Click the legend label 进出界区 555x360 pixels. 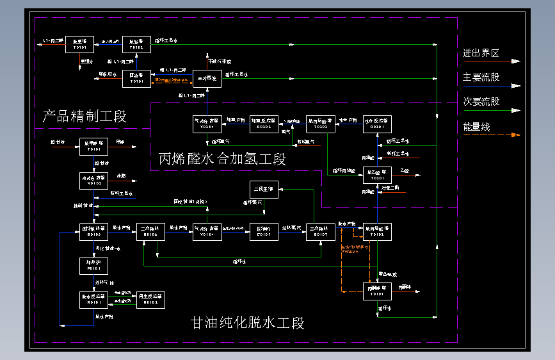coord(481,53)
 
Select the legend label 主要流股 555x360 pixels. coord(481,78)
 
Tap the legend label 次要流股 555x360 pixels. coord(481,101)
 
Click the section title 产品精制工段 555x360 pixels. coord(84,117)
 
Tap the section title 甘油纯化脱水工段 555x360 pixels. coord(248,323)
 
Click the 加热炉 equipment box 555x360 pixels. coord(93,266)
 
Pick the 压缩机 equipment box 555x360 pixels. coord(264,231)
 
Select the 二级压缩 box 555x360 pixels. coord(264,190)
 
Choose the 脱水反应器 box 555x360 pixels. coord(93,299)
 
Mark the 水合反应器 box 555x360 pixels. coord(377,124)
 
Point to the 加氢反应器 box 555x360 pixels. coord(263,124)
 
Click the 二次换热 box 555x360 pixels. coord(152,231)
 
